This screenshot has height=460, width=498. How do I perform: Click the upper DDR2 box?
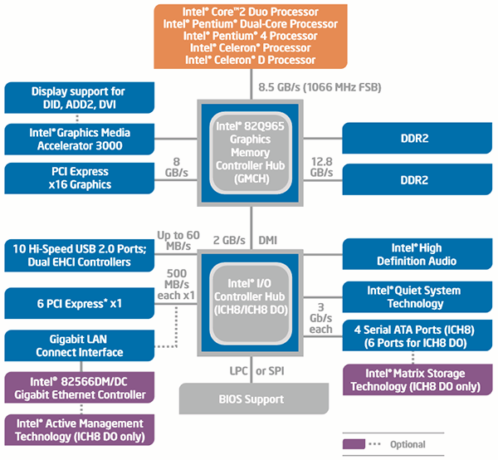[413, 139]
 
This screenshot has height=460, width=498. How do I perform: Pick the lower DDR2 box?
[413, 179]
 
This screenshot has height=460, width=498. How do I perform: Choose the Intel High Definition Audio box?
[413, 255]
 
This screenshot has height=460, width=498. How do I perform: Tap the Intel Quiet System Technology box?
[413, 296]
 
